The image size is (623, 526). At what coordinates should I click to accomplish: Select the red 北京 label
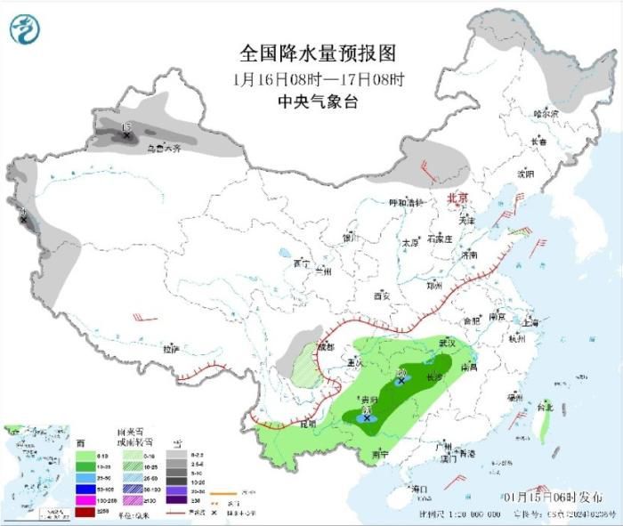click(457, 198)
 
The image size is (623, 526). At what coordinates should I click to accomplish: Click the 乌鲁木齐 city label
click(164, 149)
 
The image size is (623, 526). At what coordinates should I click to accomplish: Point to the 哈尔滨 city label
click(545, 114)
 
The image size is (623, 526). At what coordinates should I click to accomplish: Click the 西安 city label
click(382, 295)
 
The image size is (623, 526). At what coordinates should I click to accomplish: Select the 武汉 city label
click(447, 343)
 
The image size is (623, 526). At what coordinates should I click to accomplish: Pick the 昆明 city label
click(307, 424)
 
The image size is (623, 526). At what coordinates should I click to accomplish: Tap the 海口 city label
click(420, 490)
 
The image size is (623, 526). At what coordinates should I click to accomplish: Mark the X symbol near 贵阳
click(367, 417)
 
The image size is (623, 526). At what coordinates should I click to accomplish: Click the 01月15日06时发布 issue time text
click(552, 495)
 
